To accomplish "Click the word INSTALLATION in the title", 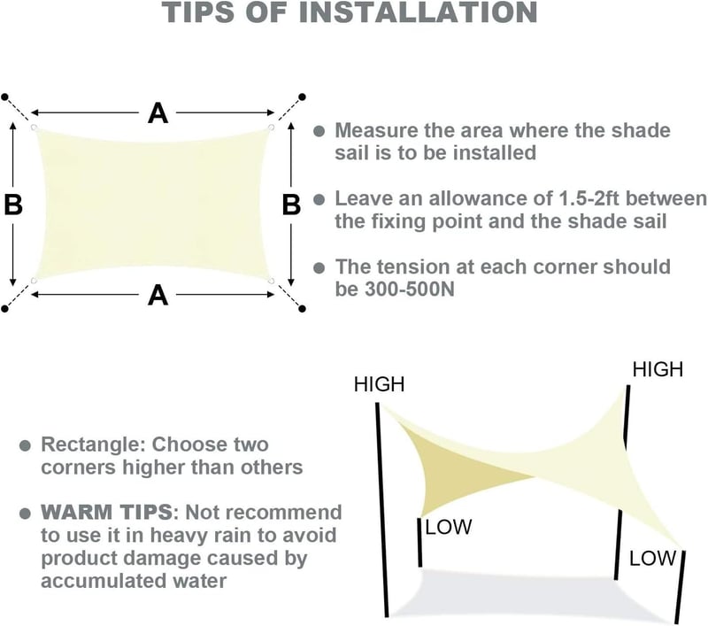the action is pos(418,12).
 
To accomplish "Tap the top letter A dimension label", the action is pos(158,113).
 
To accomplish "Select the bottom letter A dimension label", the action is pos(158,296).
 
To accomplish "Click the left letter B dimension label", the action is pos(13,204).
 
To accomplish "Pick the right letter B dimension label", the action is pos(291,205).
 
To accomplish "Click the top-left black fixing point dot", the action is pos(5,97).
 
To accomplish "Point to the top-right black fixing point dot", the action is pos(303,97).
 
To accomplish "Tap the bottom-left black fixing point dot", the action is pos(5,309).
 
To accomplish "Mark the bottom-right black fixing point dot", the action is pos(303,309).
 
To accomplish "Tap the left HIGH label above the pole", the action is pos(380,384).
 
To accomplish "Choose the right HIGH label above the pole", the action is pos(658,369).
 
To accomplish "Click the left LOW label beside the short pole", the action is pos(449,527).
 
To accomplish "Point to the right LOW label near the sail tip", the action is pos(653,559).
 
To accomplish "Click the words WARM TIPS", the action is pos(106,513).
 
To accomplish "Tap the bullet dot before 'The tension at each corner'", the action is pos(319,267).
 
